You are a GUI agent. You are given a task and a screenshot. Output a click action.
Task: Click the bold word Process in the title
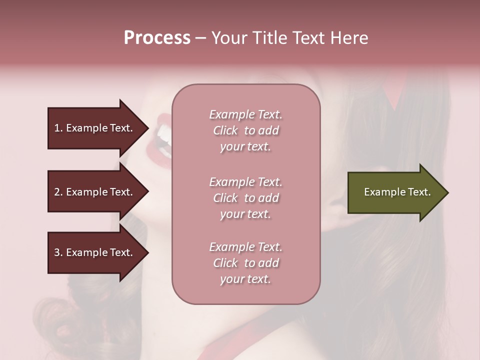point(157,38)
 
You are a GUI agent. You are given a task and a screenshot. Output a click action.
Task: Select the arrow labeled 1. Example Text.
point(95,128)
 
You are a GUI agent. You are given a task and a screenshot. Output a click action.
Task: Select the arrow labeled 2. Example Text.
point(95,192)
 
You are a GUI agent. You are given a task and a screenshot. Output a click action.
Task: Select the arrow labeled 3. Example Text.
point(95,252)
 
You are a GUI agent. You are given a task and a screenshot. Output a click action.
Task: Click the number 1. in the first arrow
point(58,128)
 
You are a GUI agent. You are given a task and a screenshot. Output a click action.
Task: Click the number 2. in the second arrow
point(58,192)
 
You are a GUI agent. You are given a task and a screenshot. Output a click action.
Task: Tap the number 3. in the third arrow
point(58,252)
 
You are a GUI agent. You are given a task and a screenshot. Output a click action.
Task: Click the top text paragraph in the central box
point(245,130)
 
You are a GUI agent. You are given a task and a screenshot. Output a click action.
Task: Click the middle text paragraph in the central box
point(245,198)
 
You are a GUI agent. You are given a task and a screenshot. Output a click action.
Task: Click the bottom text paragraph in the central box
point(245,263)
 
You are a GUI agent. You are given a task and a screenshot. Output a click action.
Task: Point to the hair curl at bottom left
point(55,320)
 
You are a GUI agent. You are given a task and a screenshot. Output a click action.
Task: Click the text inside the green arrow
point(397,192)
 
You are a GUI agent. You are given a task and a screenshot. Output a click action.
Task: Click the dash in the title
point(200,38)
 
